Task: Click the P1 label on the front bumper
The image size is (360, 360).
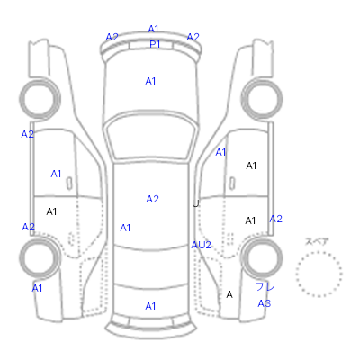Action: point(155,44)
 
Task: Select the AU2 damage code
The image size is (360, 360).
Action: point(201,245)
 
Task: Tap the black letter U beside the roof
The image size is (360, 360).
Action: point(195,203)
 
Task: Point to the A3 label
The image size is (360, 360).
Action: point(265,303)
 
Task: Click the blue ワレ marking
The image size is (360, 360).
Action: point(265,287)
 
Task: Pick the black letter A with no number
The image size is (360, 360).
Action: point(229,294)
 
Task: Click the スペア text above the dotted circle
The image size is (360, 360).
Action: point(317,241)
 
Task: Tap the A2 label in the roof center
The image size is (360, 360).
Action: point(152,199)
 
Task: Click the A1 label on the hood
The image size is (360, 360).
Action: point(150,81)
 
